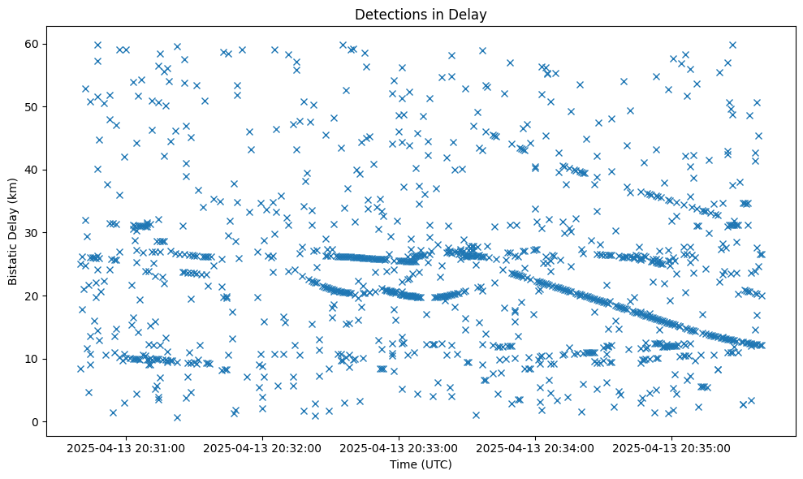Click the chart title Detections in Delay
pyautogui.click(x=421, y=14)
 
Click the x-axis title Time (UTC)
pyautogui.click(x=421, y=464)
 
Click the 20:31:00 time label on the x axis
pyautogui.click(x=127, y=447)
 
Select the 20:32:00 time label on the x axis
pyautogui.click(x=263, y=447)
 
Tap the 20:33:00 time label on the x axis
pyautogui.click(x=399, y=447)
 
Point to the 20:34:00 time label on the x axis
pyautogui.click(x=536, y=447)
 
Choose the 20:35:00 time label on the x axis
pyautogui.click(x=672, y=447)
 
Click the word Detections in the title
pyautogui.click(x=388, y=14)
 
